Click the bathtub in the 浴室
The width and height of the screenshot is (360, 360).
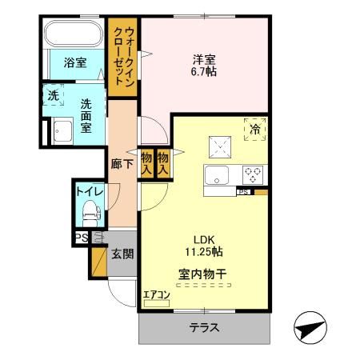(x=72, y=36)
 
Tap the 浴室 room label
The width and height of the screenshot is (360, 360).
(x=75, y=63)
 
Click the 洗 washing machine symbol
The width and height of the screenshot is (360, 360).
(x=53, y=95)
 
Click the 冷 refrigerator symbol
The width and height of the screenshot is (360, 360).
(x=254, y=129)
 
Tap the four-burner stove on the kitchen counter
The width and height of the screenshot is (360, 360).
(x=254, y=174)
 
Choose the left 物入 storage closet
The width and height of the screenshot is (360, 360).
(x=147, y=164)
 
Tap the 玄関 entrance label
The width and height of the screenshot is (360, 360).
(x=123, y=254)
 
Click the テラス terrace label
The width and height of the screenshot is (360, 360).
(x=204, y=328)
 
